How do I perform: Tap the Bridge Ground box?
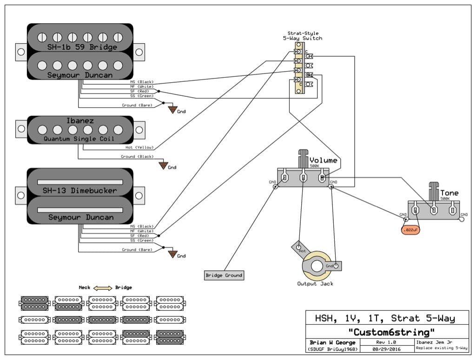click(224, 275)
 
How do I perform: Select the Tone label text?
click(449, 193)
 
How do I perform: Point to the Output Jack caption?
click(315, 284)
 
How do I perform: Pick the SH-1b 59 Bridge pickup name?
click(82, 47)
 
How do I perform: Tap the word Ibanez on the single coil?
click(79, 121)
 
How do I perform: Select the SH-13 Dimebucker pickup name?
click(79, 191)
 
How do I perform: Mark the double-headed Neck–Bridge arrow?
click(102, 288)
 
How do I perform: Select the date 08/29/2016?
click(386, 348)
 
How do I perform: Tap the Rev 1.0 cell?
click(386, 342)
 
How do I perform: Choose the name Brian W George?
click(332, 342)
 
